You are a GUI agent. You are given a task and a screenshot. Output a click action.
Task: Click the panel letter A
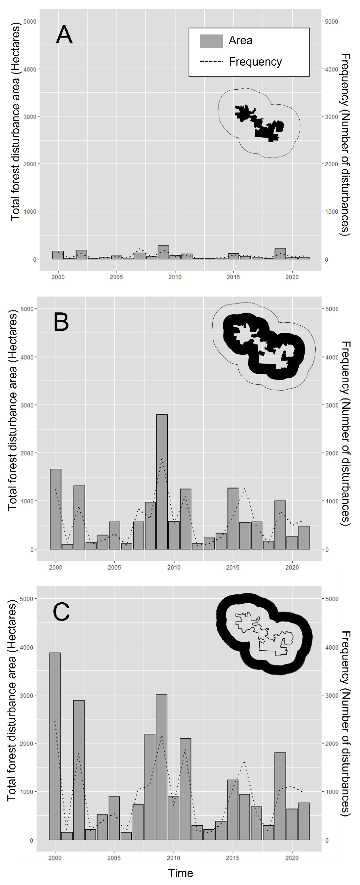(64, 35)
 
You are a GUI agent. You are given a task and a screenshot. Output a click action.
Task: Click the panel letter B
(61, 322)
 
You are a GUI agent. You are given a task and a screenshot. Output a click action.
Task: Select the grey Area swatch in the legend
(211, 41)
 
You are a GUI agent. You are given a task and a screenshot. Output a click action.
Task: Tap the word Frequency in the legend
(255, 62)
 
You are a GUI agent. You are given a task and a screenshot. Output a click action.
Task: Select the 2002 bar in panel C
(79, 770)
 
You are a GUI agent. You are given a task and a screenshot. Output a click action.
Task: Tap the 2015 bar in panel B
(233, 518)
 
